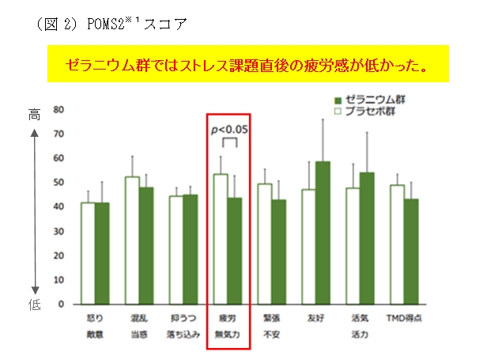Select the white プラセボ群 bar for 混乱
pos(131,240)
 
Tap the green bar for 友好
pos(323,233)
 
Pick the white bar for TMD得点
pos(397,244)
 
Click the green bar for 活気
pos(367,238)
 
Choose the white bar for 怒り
pos(88,253)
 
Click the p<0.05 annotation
pos(229,129)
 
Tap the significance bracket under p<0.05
pos(229,142)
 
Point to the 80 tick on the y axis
pos(59,110)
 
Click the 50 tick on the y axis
pos(59,183)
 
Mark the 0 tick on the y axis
pos(61,304)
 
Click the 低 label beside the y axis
pos(35,304)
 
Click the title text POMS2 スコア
pos(111,23)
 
